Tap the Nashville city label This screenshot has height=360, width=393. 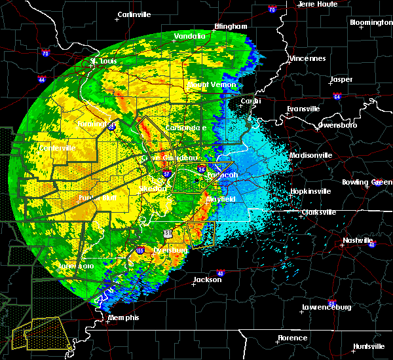click(358, 240)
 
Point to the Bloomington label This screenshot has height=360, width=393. click(371, 22)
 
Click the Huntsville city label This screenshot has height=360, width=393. click(369, 346)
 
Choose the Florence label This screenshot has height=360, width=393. click(292, 338)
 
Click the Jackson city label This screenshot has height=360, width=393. click(203, 279)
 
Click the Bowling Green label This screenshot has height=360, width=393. click(371, 181)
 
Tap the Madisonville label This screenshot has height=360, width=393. click(310, 155)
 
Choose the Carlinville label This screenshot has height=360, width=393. click(135, 14)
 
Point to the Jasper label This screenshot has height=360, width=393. click(341, 79)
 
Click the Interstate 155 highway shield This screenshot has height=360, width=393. click(140, 251)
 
